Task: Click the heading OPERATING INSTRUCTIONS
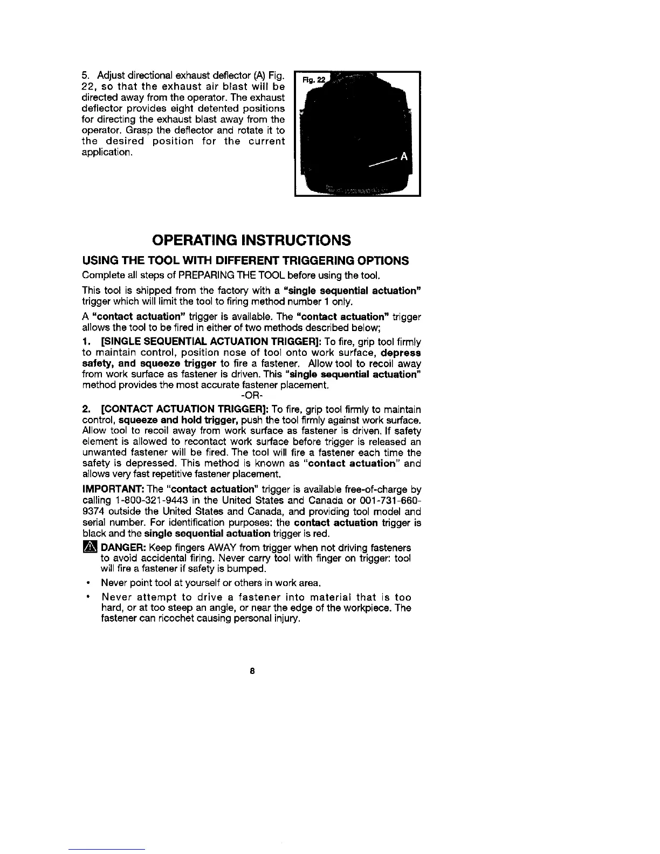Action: [251, 239]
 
